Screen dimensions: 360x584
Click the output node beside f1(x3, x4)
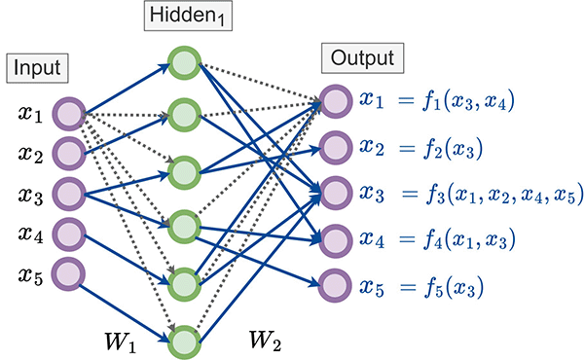pyautogui.click(x=334, y=101)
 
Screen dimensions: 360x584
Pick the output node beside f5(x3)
pyautogui.click(x=334, y=287)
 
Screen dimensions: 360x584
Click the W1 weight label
pyautogui.click(x=123, y=342)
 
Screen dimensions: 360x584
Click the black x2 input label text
pyautogui.click(x=29, y=153)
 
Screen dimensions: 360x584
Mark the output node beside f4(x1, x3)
pyautogui.click(x=334, y=238)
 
